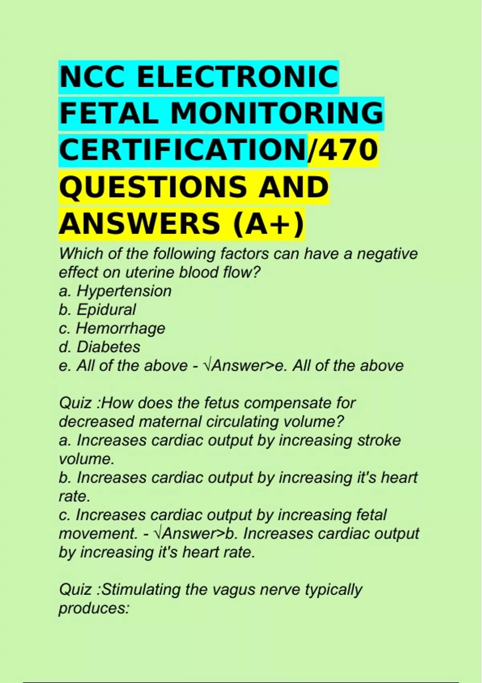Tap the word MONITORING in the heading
(277, 113)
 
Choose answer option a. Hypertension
(115, 291)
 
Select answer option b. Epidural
(97, 309)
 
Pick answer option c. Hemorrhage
(112, 328)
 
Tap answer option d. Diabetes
(100, 347)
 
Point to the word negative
(387, 254)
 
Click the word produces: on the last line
(94, 608)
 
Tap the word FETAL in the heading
(108, 113)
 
